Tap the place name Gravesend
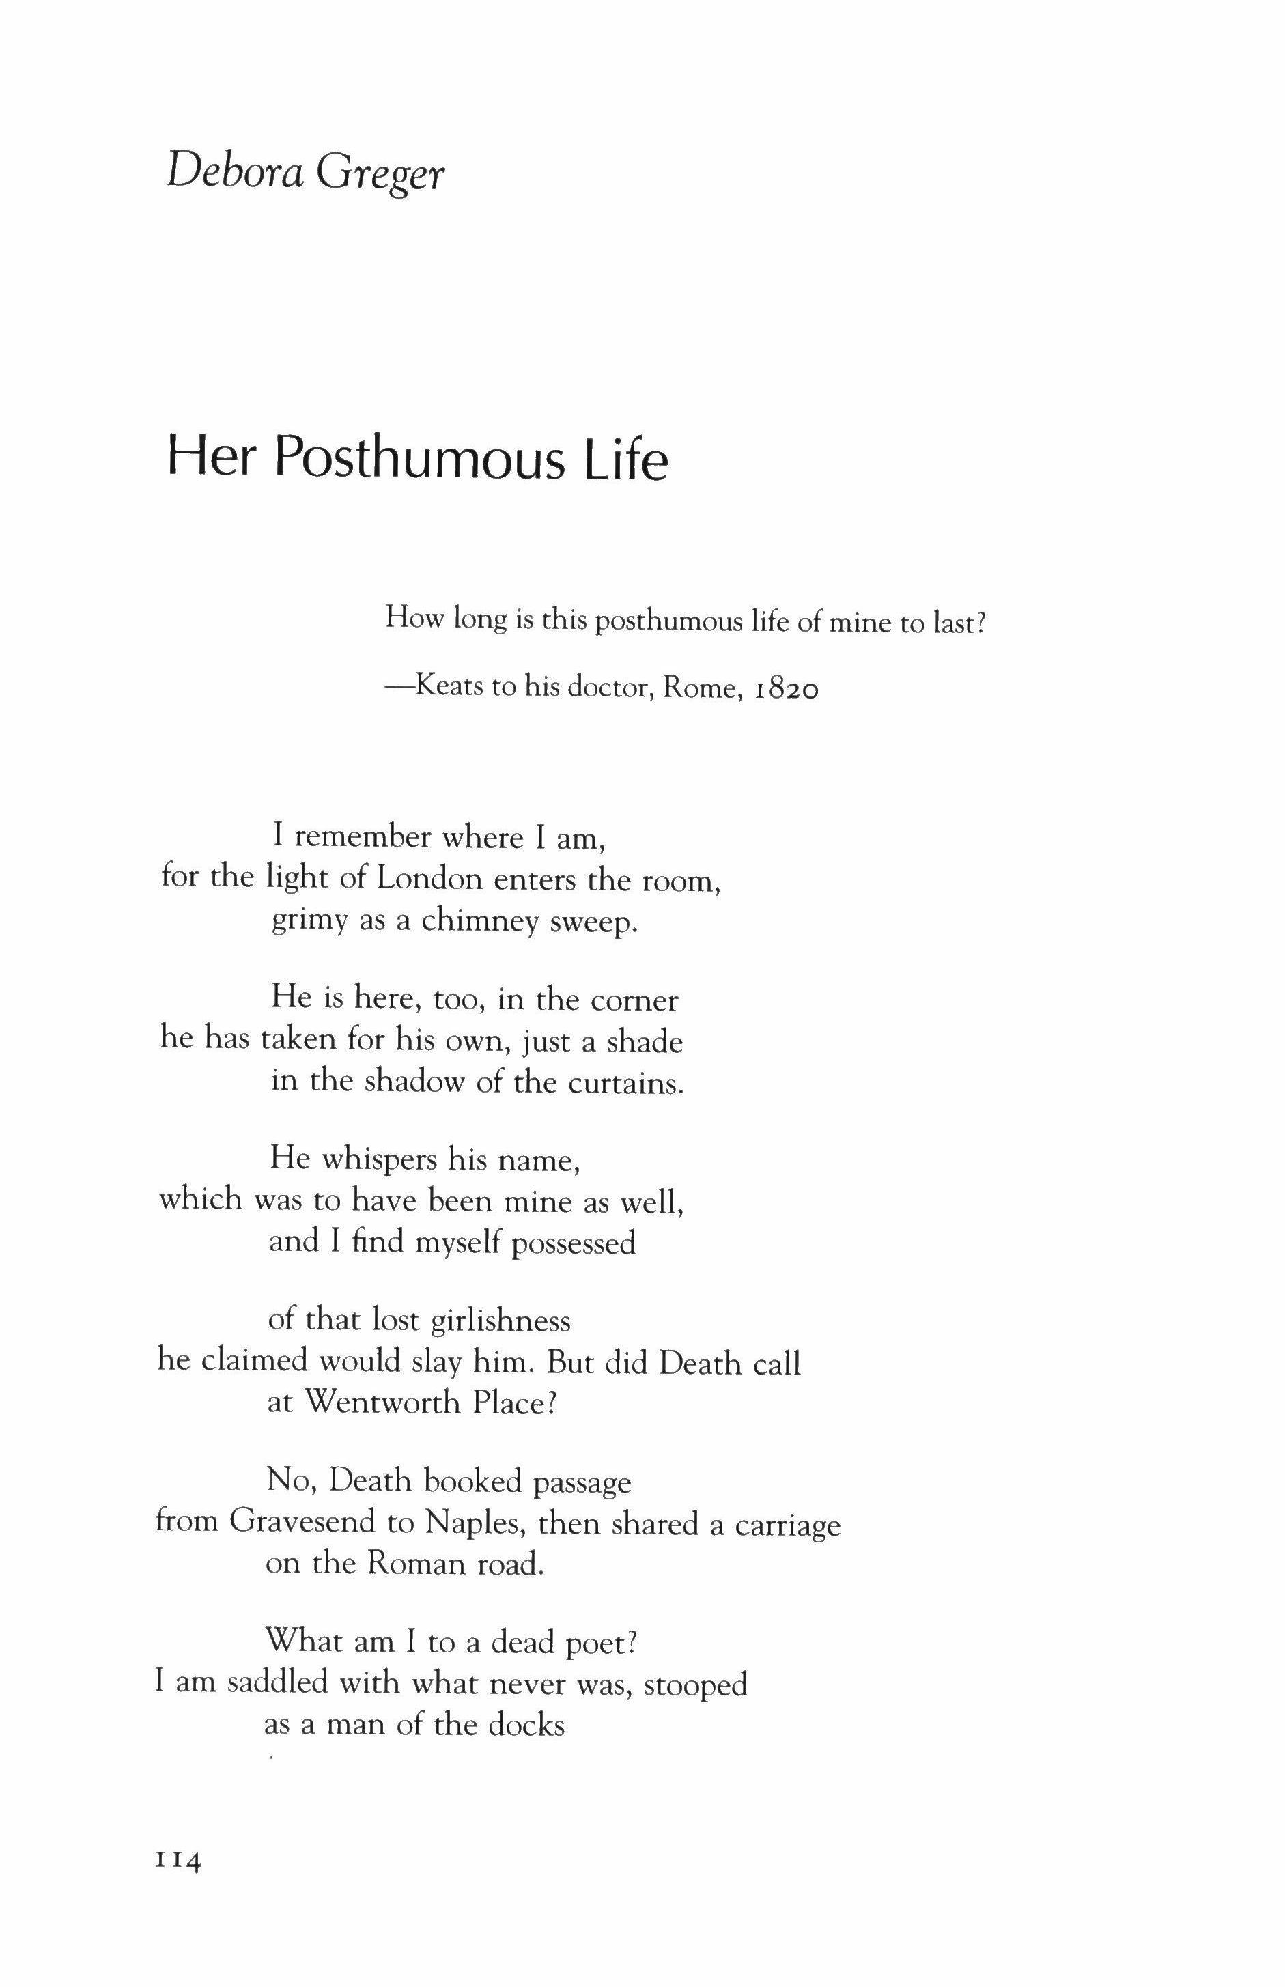click(x=303, y=1522)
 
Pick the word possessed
click(x=574, y=1243)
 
